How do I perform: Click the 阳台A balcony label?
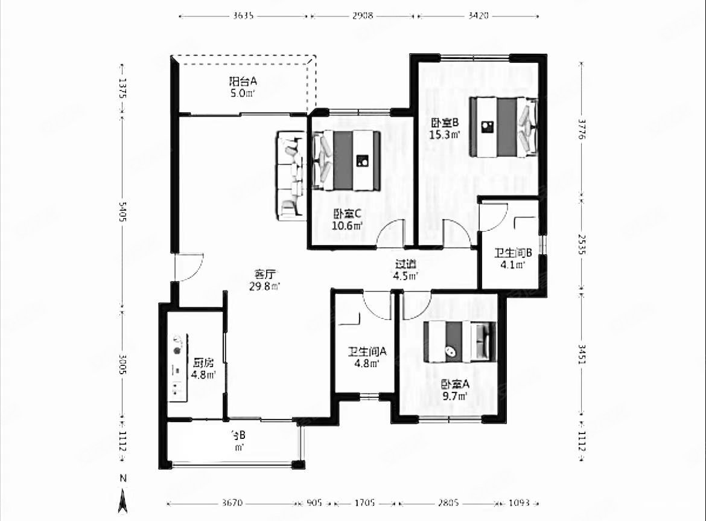point(243,87)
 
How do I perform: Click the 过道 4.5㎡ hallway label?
point(405,270)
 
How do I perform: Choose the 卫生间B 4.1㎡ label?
point(512,258)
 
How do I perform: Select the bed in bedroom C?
point(346,160)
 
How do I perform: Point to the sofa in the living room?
point(291,176)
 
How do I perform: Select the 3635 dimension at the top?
point(243,16)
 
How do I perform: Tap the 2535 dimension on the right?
point(581,245)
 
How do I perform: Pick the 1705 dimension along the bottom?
point(365,502)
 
